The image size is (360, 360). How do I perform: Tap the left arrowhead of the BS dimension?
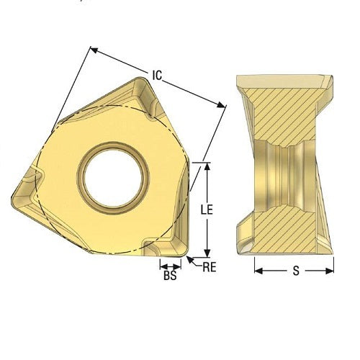click(x=161, y=264)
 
